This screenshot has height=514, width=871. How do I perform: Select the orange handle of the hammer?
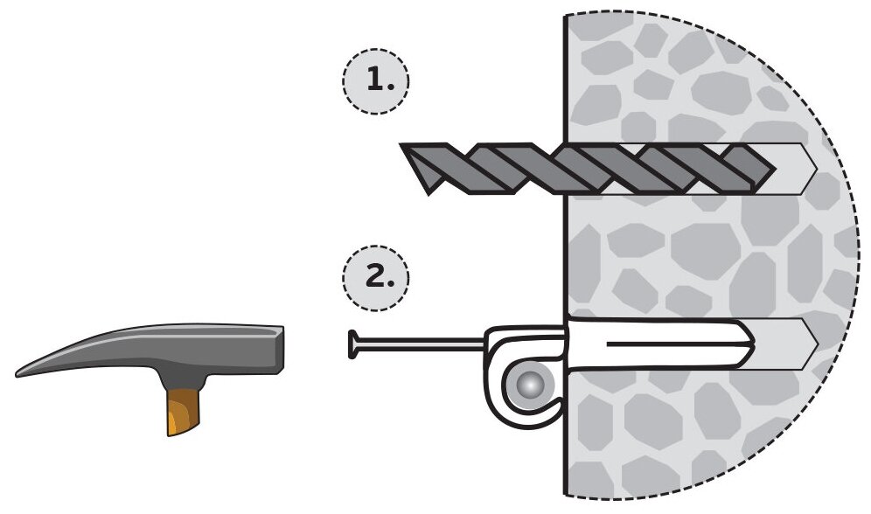click(x=180, y=410)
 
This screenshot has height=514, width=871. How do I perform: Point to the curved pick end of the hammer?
click(x=35, y=368)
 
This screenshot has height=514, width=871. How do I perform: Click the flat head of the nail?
click(x=352, y=344)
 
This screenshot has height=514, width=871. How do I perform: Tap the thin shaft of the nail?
click(x=420, y=344)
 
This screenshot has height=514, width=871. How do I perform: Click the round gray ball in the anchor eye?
click(x=531, y=385)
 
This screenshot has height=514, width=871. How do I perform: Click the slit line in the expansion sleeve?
click(x=673, y=344)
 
